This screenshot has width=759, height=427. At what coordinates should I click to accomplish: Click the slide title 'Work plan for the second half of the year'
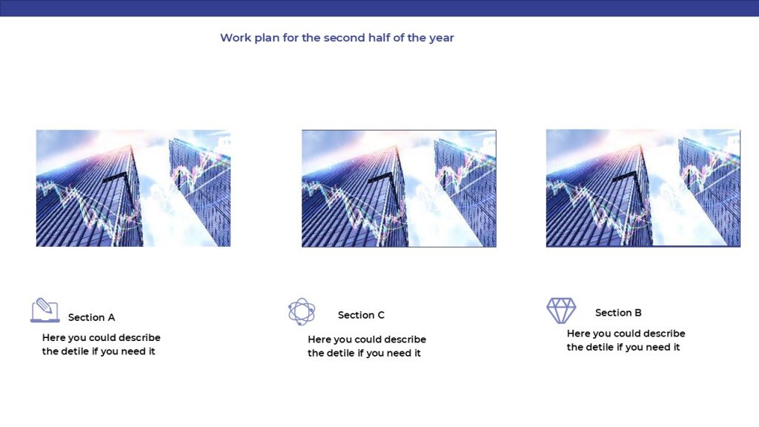coord(337,38)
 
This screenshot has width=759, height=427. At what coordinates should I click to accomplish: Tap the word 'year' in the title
coord(442,39)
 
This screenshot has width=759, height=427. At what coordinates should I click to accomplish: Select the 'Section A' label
coord(91,317)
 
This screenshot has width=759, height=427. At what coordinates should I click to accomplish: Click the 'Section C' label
coord(361,315)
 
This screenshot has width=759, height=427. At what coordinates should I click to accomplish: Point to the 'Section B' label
coord(618,313)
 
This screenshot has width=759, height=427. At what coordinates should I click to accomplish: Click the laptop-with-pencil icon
coord(45,311)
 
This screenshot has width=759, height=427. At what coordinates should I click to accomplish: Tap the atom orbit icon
coord(302,311)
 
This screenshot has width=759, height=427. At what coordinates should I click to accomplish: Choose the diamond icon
coord(561,311)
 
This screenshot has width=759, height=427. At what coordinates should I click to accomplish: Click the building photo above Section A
coord(133,188)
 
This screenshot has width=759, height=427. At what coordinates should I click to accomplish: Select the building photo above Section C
coord(399,188)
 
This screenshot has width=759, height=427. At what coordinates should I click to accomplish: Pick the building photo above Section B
coord(643,188)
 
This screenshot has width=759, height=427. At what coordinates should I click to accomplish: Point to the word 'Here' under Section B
coord(578,334)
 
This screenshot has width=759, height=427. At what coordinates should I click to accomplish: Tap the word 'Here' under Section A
coord(53,337)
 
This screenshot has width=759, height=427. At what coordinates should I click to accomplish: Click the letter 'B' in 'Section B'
coord(638,313)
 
